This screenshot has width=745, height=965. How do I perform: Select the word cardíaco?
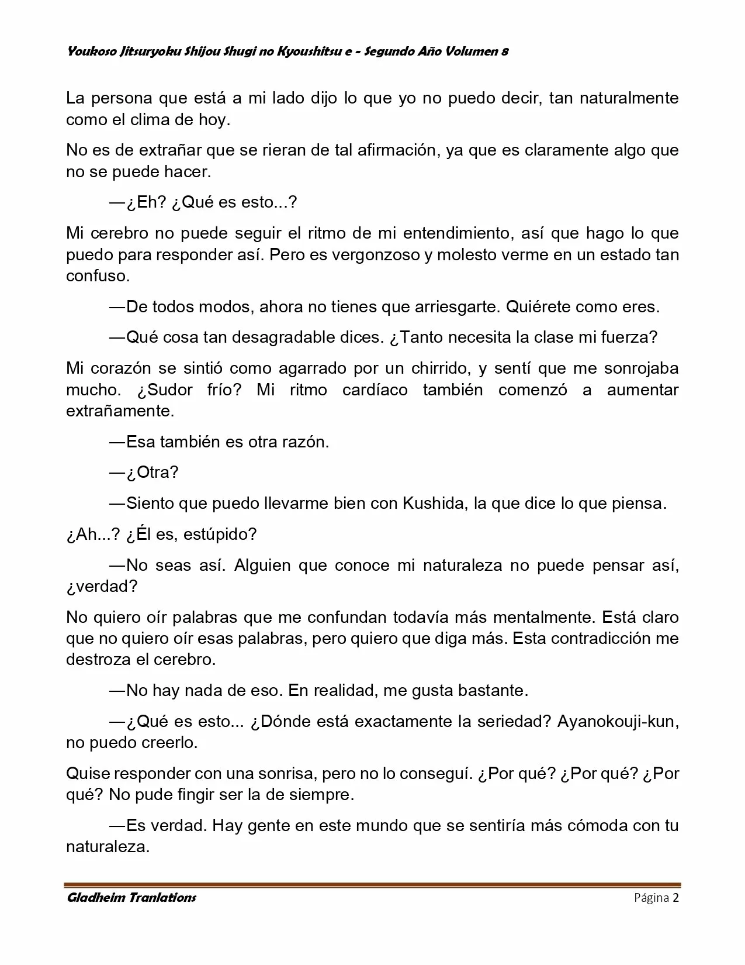click(x=375, y=390)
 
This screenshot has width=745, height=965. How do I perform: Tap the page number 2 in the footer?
click(x=675, y=898)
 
